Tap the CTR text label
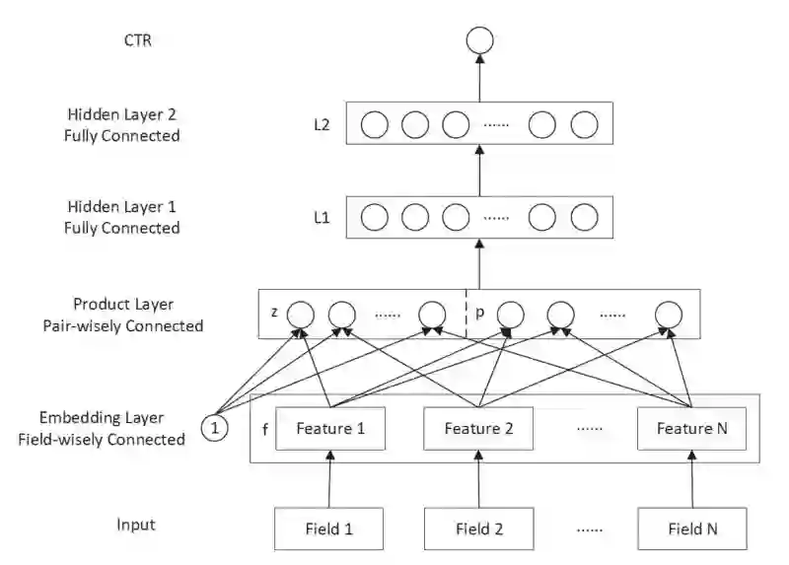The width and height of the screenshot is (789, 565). (x=137, y=40)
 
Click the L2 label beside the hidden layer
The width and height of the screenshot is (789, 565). (x=322, y=124)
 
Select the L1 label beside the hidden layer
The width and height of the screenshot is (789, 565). (x=322, y=217)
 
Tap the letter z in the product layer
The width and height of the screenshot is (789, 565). (x=274, y=312)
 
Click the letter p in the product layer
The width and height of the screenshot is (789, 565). (x=479, y=313)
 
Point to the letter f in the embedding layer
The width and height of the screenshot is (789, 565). (x=265, y=429)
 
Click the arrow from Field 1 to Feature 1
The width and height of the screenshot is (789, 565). (x=329, y=479)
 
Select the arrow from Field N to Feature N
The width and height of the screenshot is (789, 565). (x=692, y=479)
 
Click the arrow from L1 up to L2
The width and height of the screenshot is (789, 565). (x=479, y=171)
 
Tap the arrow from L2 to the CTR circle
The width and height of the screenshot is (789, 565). (x=479, y=78)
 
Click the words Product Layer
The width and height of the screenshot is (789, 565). (x=123, y=304)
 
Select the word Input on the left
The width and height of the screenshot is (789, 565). (x=136, y=525)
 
